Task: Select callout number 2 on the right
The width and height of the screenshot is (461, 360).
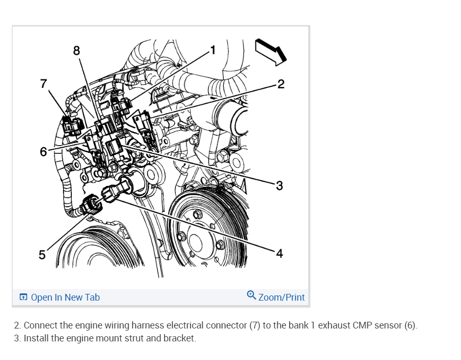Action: tap(281, 84)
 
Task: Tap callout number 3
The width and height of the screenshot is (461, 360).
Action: tap(279, 186)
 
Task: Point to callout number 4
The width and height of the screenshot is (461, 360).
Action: tap(279, 253)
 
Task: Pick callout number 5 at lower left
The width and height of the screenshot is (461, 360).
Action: tap(42, 255)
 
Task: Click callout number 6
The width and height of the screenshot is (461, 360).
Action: tap(43, 151)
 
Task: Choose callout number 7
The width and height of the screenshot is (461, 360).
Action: tap(43, 83)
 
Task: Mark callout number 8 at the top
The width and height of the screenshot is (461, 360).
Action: tap(77, 50)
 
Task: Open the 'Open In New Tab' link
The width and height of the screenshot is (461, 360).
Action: tap(65, 298)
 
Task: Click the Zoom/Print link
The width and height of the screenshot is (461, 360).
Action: tap(281, 298)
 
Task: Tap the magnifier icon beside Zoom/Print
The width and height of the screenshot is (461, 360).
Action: tap(251, 295)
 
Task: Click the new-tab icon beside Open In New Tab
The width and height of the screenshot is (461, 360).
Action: tap(23, 298)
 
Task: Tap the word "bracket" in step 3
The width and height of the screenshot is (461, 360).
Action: tap(179, 339)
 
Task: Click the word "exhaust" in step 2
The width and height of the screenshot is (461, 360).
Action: tap(333, 326)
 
